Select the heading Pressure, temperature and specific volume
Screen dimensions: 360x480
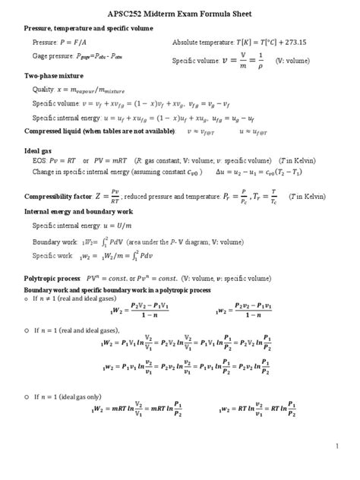(89, 28)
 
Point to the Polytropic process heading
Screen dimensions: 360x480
(53, 279)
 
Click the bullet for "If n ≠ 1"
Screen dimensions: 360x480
(27, 298)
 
